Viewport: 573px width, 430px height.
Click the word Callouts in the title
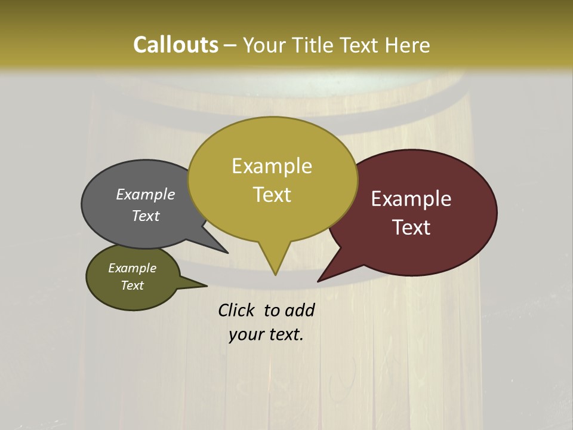coord(175,45)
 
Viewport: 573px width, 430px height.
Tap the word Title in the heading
coord(313,45)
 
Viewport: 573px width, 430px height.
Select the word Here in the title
coord(408,45)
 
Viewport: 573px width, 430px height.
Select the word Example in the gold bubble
coord(272,166)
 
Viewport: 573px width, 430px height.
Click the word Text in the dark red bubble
coord(412,228)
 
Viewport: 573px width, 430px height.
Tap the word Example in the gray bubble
coord(146,195)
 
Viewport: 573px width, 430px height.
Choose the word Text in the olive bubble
coord(133,285)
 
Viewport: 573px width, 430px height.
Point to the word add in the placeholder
coord(300,311)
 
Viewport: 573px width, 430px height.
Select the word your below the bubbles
coord(246,335)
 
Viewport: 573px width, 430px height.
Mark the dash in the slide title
coord(230,46)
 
